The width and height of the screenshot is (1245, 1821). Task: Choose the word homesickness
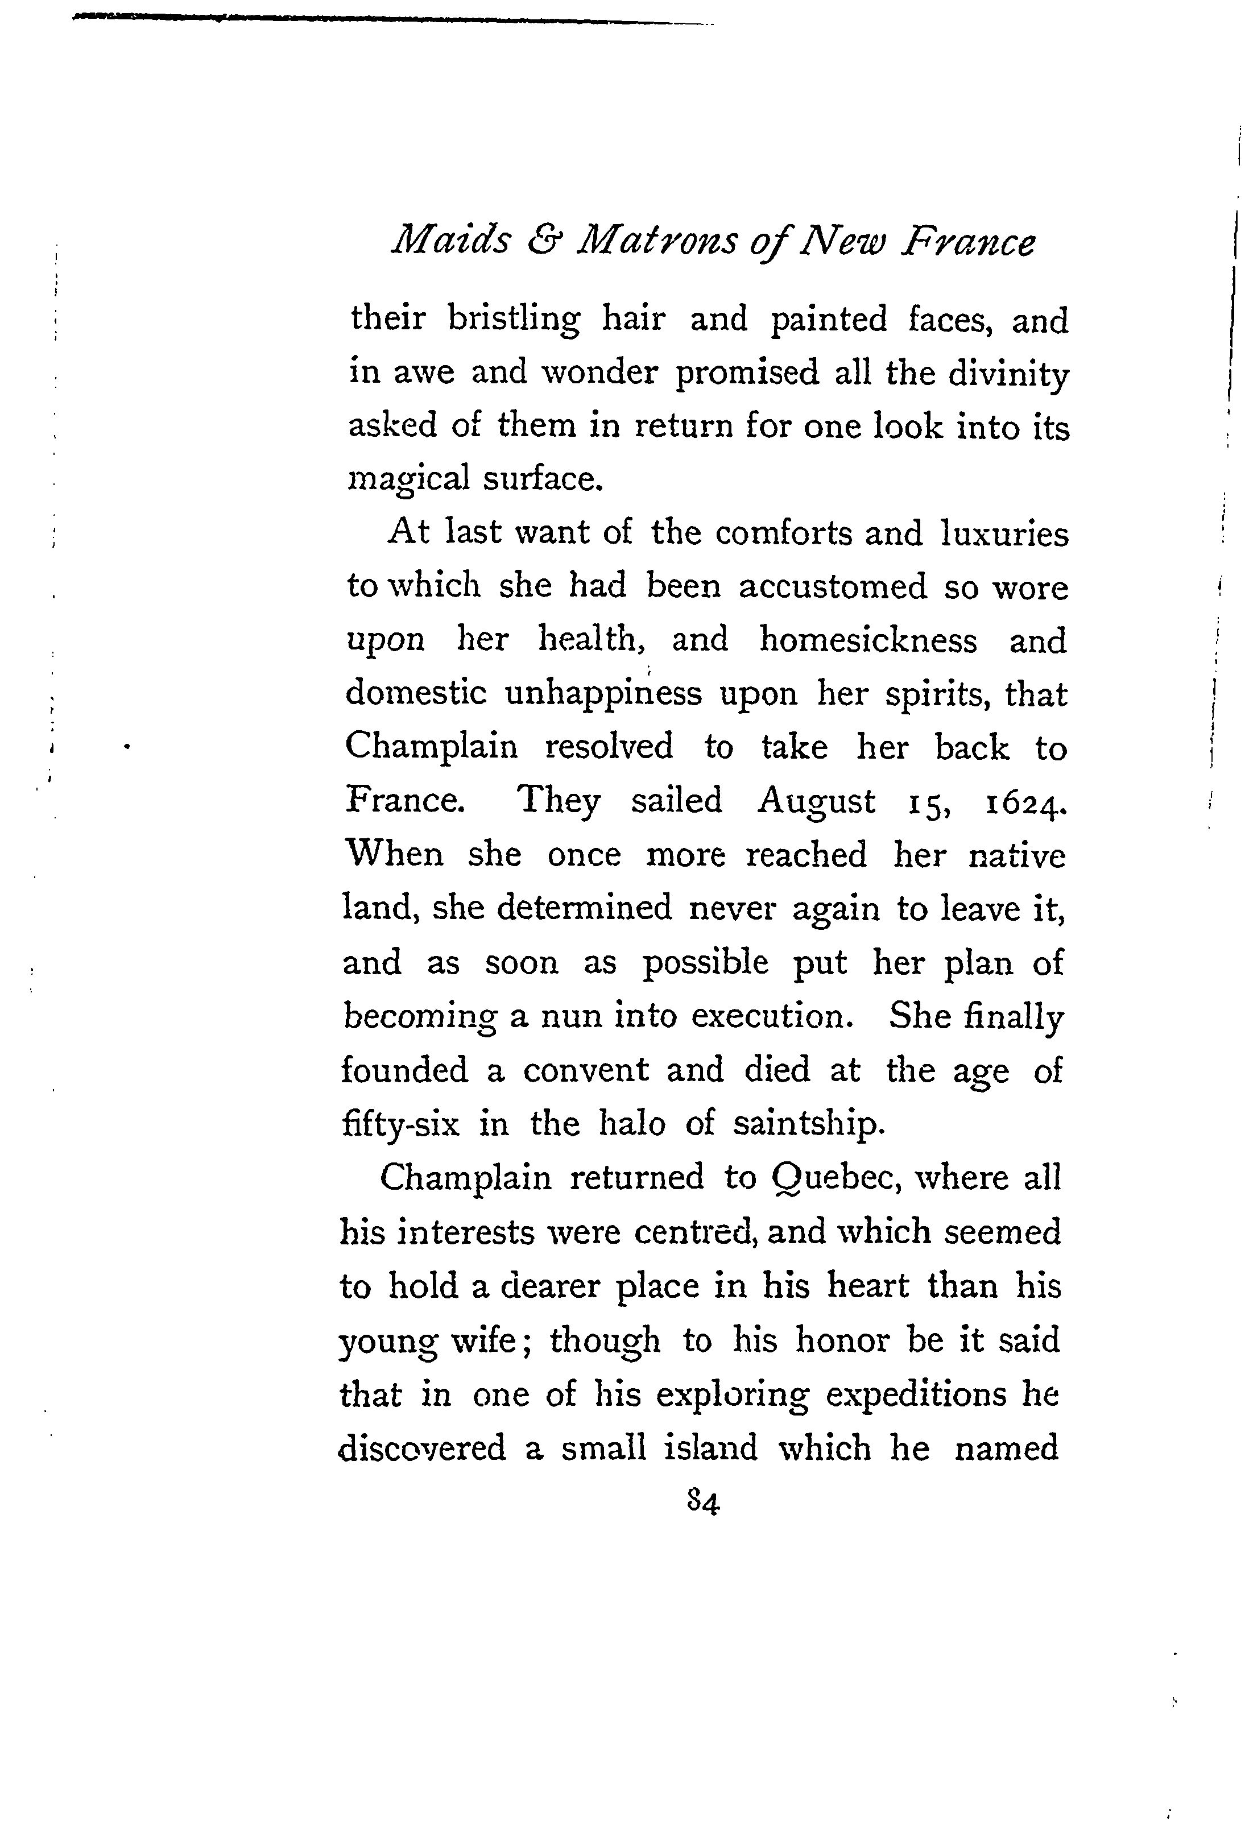[x=868, y=640]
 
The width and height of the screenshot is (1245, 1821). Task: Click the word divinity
[x=1008, y=374]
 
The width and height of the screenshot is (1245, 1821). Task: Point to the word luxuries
[x=1004, y=533]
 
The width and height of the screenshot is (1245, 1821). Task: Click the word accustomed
[x=832, y=587]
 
